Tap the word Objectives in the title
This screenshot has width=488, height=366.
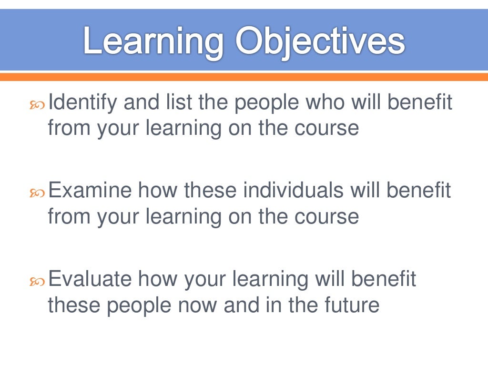pyautogui.click(x=320, y=42)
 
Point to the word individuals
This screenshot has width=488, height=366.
pyautogui.click(x=293, y=191)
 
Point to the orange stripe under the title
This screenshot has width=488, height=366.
pyautogui.click(x=244, y=76)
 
